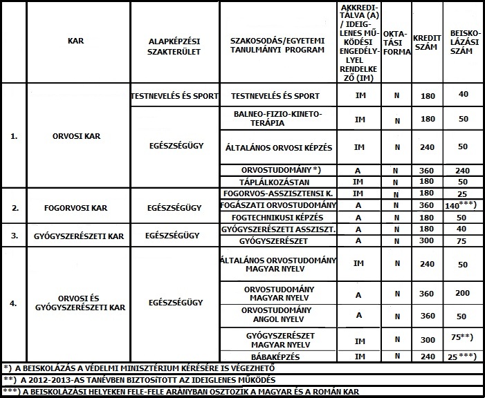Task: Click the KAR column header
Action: [75, 41]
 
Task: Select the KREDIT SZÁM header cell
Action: [423, 41]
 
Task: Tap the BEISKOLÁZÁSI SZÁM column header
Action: [462, 41]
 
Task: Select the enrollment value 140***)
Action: [463, 205]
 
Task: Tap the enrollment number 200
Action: [463, 294]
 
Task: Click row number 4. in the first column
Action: [15, 302]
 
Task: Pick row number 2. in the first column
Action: [15, 206]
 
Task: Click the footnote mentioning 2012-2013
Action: [138, 379]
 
